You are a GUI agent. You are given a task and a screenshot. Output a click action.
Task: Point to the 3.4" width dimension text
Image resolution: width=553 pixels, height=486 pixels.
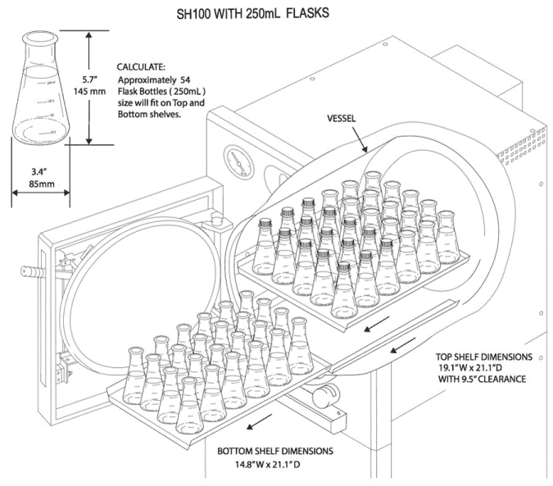tap(40, 171)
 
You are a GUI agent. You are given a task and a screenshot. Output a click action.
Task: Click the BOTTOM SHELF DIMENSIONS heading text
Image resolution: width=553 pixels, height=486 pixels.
tap(274, 451)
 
